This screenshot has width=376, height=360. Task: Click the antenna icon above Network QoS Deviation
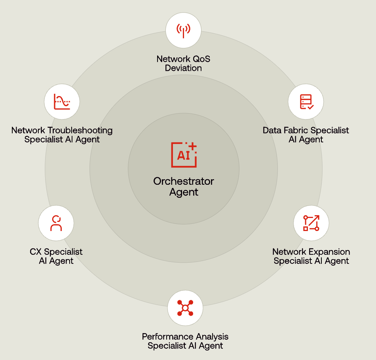tap(183, 31)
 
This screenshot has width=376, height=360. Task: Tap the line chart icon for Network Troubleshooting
tap(62, 102)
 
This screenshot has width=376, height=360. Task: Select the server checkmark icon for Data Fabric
tap(306, 102)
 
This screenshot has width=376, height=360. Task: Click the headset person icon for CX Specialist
tap(56, 223)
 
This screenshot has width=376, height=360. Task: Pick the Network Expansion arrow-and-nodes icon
tap(311, 223)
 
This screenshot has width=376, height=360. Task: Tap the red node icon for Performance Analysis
tap(185, 308)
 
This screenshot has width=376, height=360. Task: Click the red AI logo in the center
tap(184, 155)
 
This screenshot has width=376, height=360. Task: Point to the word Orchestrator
tap(184, 181)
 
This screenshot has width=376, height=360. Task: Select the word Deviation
tap(183, 68)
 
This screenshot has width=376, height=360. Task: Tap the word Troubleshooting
tap(80, 131)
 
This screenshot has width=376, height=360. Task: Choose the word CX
tap(36, 252)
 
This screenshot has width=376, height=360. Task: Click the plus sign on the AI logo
tap(192, 146)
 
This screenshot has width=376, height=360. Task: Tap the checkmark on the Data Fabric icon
tap(311, 107)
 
